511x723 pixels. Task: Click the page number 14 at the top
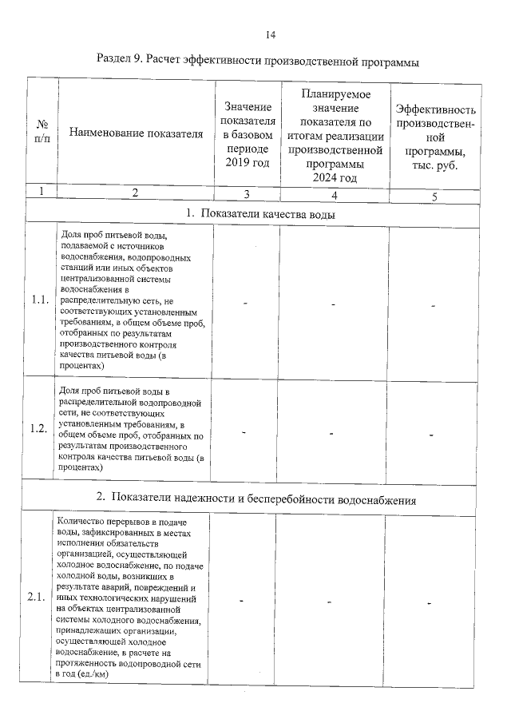tap(269, 34)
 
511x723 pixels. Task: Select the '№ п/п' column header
tap(42, 132)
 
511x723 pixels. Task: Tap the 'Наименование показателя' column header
tap(136, 133)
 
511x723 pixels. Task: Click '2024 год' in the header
tap(335, 177)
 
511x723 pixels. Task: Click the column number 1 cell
tap(42, 192)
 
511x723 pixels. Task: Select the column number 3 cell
tap(247, 193)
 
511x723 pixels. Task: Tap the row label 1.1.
tap(39, 300)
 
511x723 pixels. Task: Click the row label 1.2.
tap(39, 428)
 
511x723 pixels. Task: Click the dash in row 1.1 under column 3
tap(246, 304)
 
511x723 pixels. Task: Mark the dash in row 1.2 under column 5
tap(431, 434)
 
